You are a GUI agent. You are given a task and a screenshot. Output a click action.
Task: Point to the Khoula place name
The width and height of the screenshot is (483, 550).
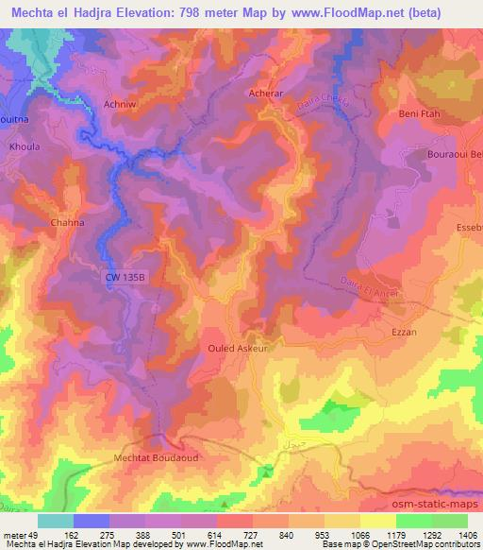(23, 149)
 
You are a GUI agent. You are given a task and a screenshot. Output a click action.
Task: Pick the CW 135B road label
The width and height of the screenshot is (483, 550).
(122, 277)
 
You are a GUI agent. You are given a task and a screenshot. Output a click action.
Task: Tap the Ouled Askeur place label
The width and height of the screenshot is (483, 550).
(238, 348)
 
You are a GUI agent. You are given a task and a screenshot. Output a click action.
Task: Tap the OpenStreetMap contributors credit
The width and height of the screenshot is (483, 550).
(433, 544)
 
